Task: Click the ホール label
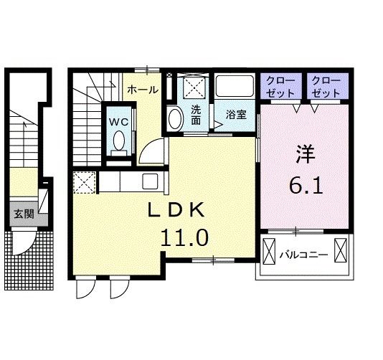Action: point(143,90)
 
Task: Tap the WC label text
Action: point(119,122)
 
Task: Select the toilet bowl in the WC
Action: point(119,141)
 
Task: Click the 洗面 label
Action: point(196,115)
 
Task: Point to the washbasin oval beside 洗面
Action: point(176,119)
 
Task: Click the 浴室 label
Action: point(236,115)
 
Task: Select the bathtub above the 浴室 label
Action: point(235,86)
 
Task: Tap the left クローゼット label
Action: point(280,87)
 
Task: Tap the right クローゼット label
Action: point(326,87)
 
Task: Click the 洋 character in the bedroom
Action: point(305,154)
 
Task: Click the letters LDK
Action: point(176,210)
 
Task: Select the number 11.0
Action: point(184,237)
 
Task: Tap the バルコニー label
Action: point(303,255)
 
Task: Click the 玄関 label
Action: point(24,214)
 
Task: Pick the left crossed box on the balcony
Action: point(269,251)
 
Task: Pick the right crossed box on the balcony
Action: point(341,250)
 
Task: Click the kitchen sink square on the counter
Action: point(150,181)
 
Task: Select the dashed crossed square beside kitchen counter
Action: point(84,182)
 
